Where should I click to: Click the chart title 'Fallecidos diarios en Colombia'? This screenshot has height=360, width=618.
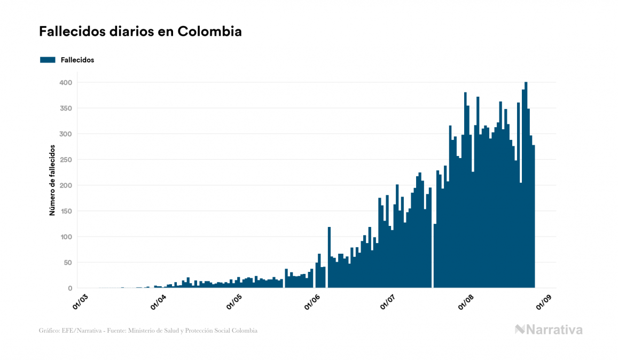pos(140,32)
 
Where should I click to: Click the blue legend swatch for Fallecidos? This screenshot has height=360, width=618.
pos(48,60)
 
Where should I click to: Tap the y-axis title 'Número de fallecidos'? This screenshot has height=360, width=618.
pos(52,179)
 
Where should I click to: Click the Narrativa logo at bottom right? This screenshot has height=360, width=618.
pos(549,330)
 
